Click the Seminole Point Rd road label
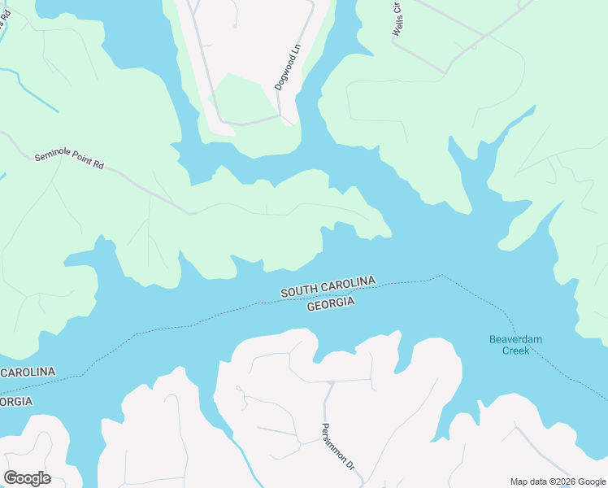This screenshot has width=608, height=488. [69, 159]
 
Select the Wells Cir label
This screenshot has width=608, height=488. [398, 18]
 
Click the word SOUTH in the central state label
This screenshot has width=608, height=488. [302, 290]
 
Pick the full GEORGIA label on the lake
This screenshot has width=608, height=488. [331, 303]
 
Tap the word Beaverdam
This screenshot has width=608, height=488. [515, 339]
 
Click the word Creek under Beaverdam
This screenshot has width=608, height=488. [515, 351]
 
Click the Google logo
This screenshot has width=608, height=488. [27, 478]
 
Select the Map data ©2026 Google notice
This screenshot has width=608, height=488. [557, 481]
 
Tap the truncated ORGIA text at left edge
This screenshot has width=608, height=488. [16, 402]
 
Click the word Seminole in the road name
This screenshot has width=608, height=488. [50, 155]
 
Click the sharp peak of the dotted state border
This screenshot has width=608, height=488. [441, 276]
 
